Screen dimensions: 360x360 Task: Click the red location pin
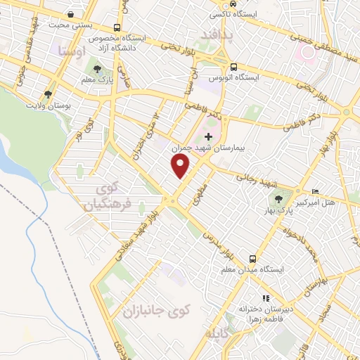coord(181,166)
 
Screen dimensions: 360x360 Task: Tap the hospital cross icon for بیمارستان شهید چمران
coord(208,136)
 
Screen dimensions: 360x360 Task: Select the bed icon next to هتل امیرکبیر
coord(316,191)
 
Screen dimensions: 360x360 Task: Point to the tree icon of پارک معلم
coord(97,69)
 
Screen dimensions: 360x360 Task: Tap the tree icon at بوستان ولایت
coord(48,94)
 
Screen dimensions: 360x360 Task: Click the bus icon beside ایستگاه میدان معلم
coord(255,258)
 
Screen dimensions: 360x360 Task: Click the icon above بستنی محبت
coord(71,14)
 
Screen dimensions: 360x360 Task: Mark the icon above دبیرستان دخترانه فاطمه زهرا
coord(266,298)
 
